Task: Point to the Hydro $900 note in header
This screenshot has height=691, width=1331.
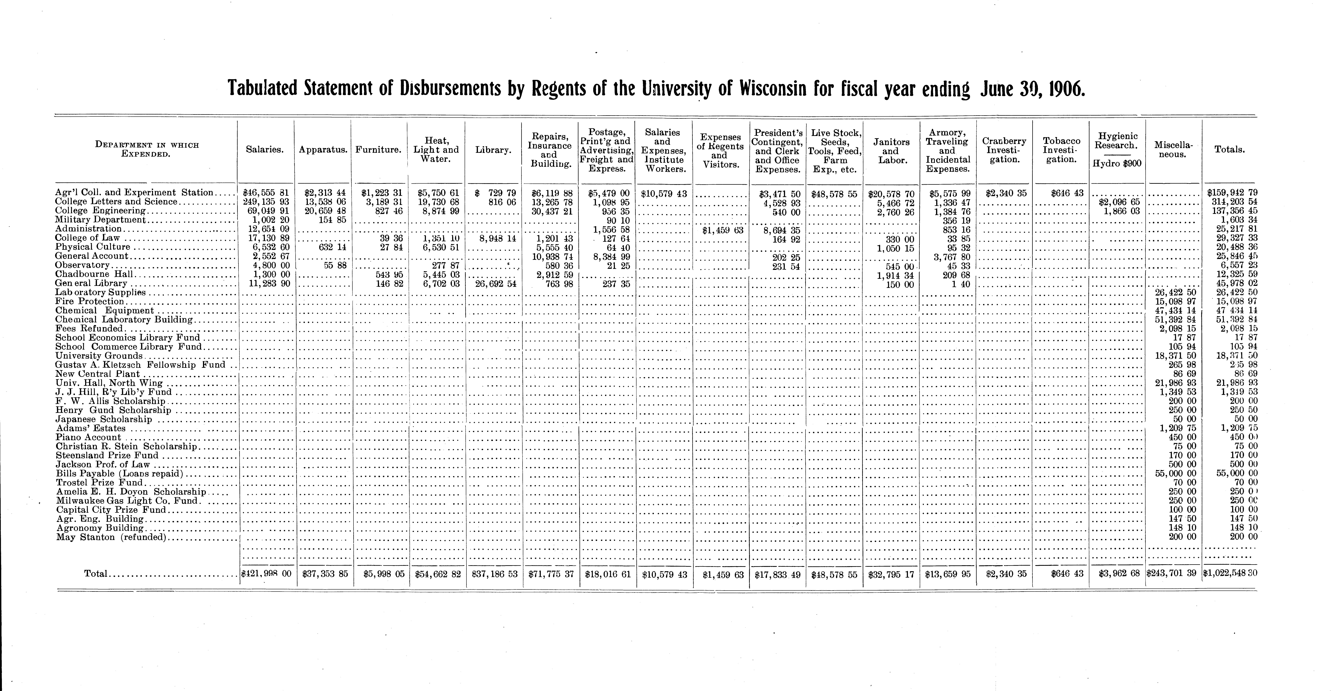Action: [x=1117, y=164]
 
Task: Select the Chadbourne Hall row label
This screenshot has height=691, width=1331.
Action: [x=94, y=274]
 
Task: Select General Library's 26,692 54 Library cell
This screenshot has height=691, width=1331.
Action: [x=496, y=283]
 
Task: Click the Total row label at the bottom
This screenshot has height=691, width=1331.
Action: [x=96, y=574]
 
